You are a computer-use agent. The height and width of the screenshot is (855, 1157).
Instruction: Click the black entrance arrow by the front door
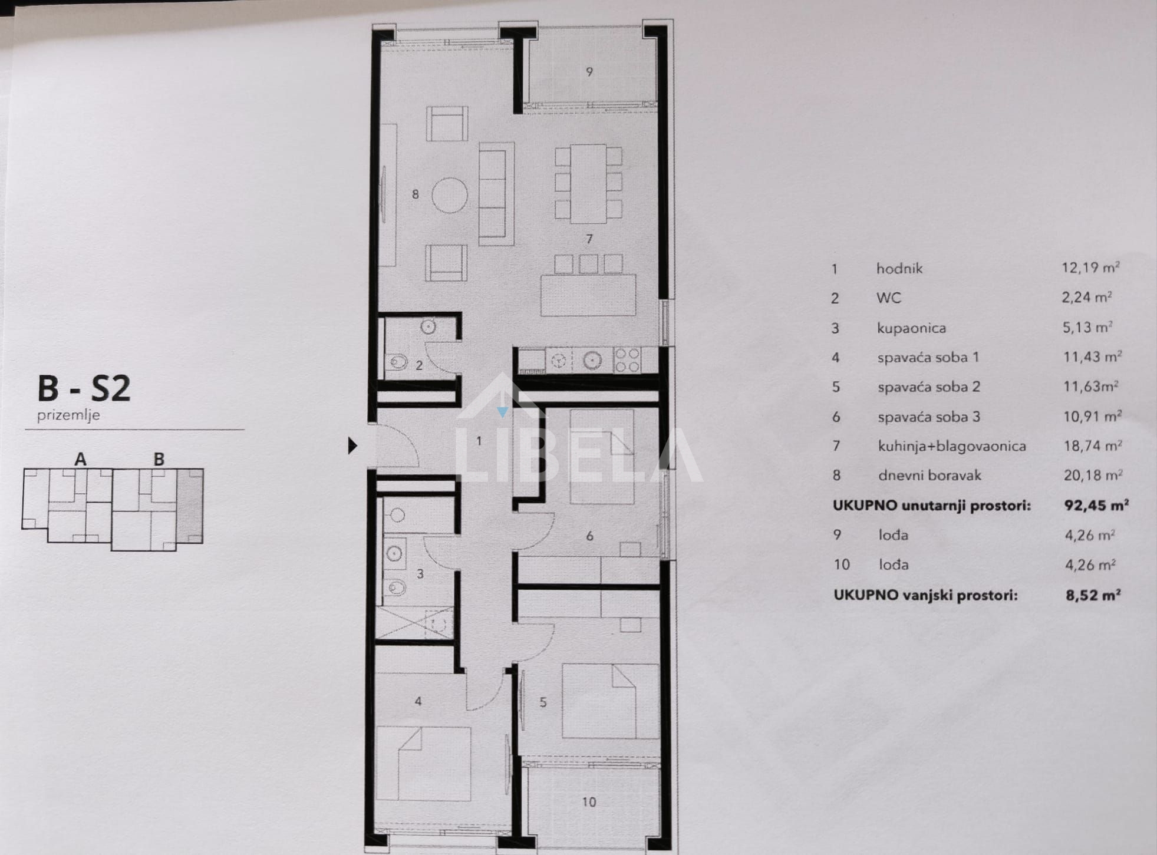tap(352, 445)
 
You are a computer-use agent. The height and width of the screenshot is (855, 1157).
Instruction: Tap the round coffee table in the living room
tap(450, 195)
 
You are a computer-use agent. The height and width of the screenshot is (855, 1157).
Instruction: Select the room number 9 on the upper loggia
tap(589, 72)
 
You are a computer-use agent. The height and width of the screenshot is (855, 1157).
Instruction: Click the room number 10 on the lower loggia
tap(589, 801)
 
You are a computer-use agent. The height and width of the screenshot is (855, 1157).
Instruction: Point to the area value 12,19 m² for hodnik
tap(1090, 268)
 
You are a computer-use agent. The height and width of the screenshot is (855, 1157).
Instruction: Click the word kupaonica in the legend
tap(911, 328)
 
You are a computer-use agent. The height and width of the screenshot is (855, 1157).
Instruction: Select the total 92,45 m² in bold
tap(1096, 505)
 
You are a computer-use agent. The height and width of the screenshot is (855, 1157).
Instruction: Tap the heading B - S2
tap(84, 389)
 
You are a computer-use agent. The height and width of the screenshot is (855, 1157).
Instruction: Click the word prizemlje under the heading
tap(68, 415)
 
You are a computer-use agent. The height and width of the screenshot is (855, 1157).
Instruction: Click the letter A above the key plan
tap(80, 458)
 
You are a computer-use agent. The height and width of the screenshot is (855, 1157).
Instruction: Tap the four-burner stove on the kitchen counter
tap(627, 360)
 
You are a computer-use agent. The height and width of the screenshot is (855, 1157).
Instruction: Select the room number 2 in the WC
tap(419, 365)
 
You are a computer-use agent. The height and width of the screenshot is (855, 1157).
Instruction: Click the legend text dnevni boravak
tap(929, 475)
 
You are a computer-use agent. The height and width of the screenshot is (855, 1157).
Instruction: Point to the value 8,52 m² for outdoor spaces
tap(1093, 595)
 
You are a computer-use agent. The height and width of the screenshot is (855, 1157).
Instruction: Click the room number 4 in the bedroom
tap(418, 701)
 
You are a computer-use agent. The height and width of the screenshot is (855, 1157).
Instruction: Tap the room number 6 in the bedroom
tap(589, 536)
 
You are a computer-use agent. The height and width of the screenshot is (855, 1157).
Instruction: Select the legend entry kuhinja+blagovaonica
tap(952, 446)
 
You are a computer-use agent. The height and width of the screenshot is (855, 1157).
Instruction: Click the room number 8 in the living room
tap(416, 194)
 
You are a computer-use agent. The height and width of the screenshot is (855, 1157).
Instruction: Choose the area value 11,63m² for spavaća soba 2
tap(1091, 387)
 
